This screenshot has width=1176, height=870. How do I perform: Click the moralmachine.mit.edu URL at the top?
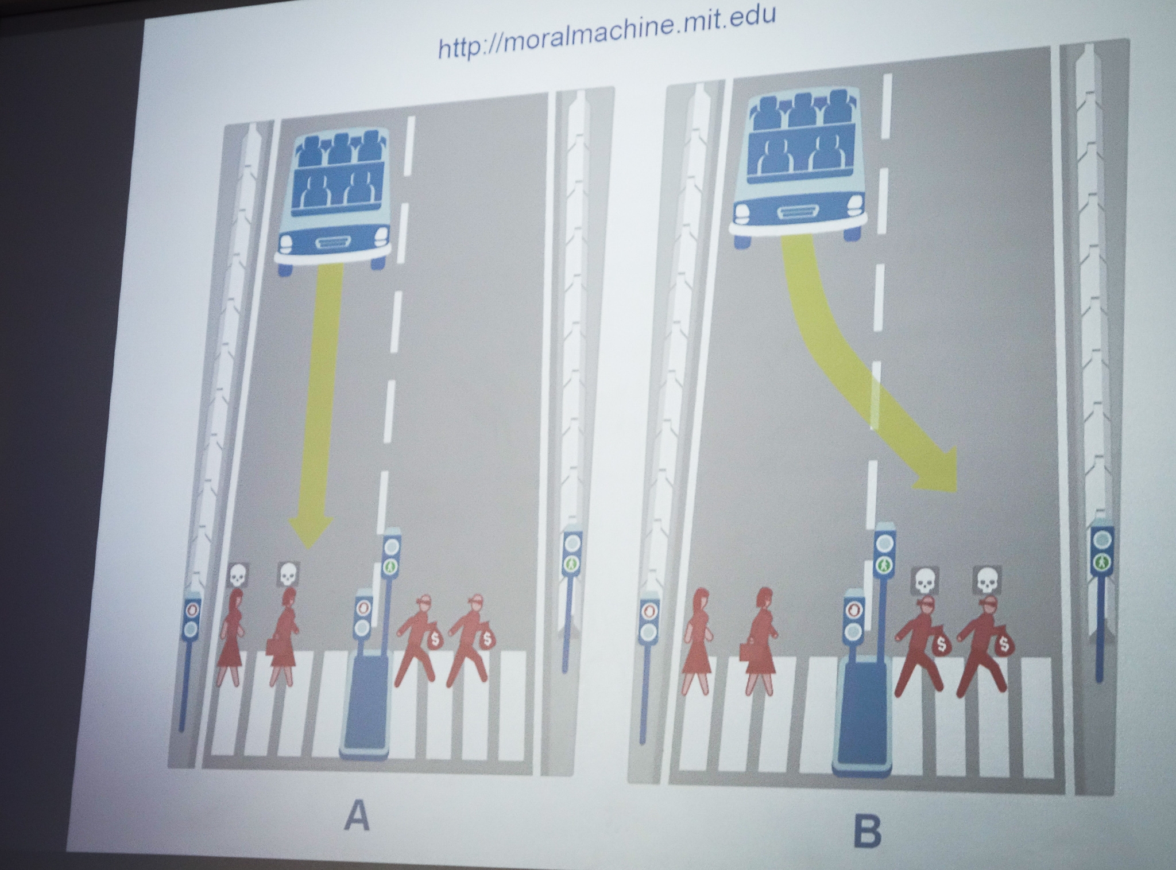pyautogui.click(x=606, y=33)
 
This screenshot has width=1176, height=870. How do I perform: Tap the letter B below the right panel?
pyautogui.click(x=866, y=830)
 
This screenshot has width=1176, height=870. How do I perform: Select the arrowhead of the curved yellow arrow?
pyautogui.click(x=936, y=471)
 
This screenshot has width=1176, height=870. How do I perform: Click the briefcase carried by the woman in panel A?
pyautogui.click(x=272, y=646)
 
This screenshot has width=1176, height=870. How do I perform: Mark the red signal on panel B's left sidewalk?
pyautogui.click(x=649, y=610)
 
